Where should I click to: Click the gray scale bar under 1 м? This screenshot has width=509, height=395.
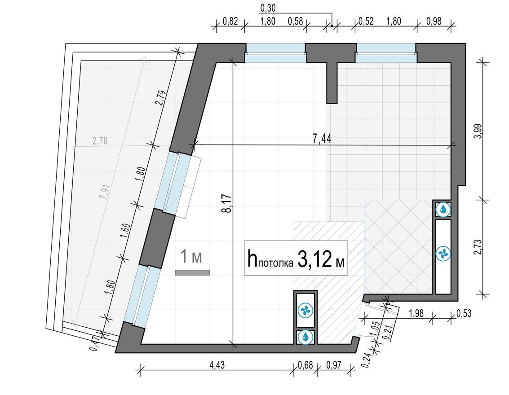(x=192, y=272)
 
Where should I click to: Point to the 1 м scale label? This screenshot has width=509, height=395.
(x=190, y=257)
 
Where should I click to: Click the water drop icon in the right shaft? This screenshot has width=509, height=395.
(x=443, y=209)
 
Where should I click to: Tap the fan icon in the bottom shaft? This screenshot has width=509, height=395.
(x=305, y=310)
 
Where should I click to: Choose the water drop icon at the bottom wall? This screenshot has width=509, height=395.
(x=305, y=337)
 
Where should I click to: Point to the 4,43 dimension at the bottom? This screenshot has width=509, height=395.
(x=217, y=365)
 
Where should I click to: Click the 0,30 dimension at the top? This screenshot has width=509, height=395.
(x=268, y=8)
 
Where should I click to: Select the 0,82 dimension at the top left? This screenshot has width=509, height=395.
(x=230, y=21)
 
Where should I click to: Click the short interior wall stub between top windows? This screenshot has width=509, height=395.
(x=332, y=83)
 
